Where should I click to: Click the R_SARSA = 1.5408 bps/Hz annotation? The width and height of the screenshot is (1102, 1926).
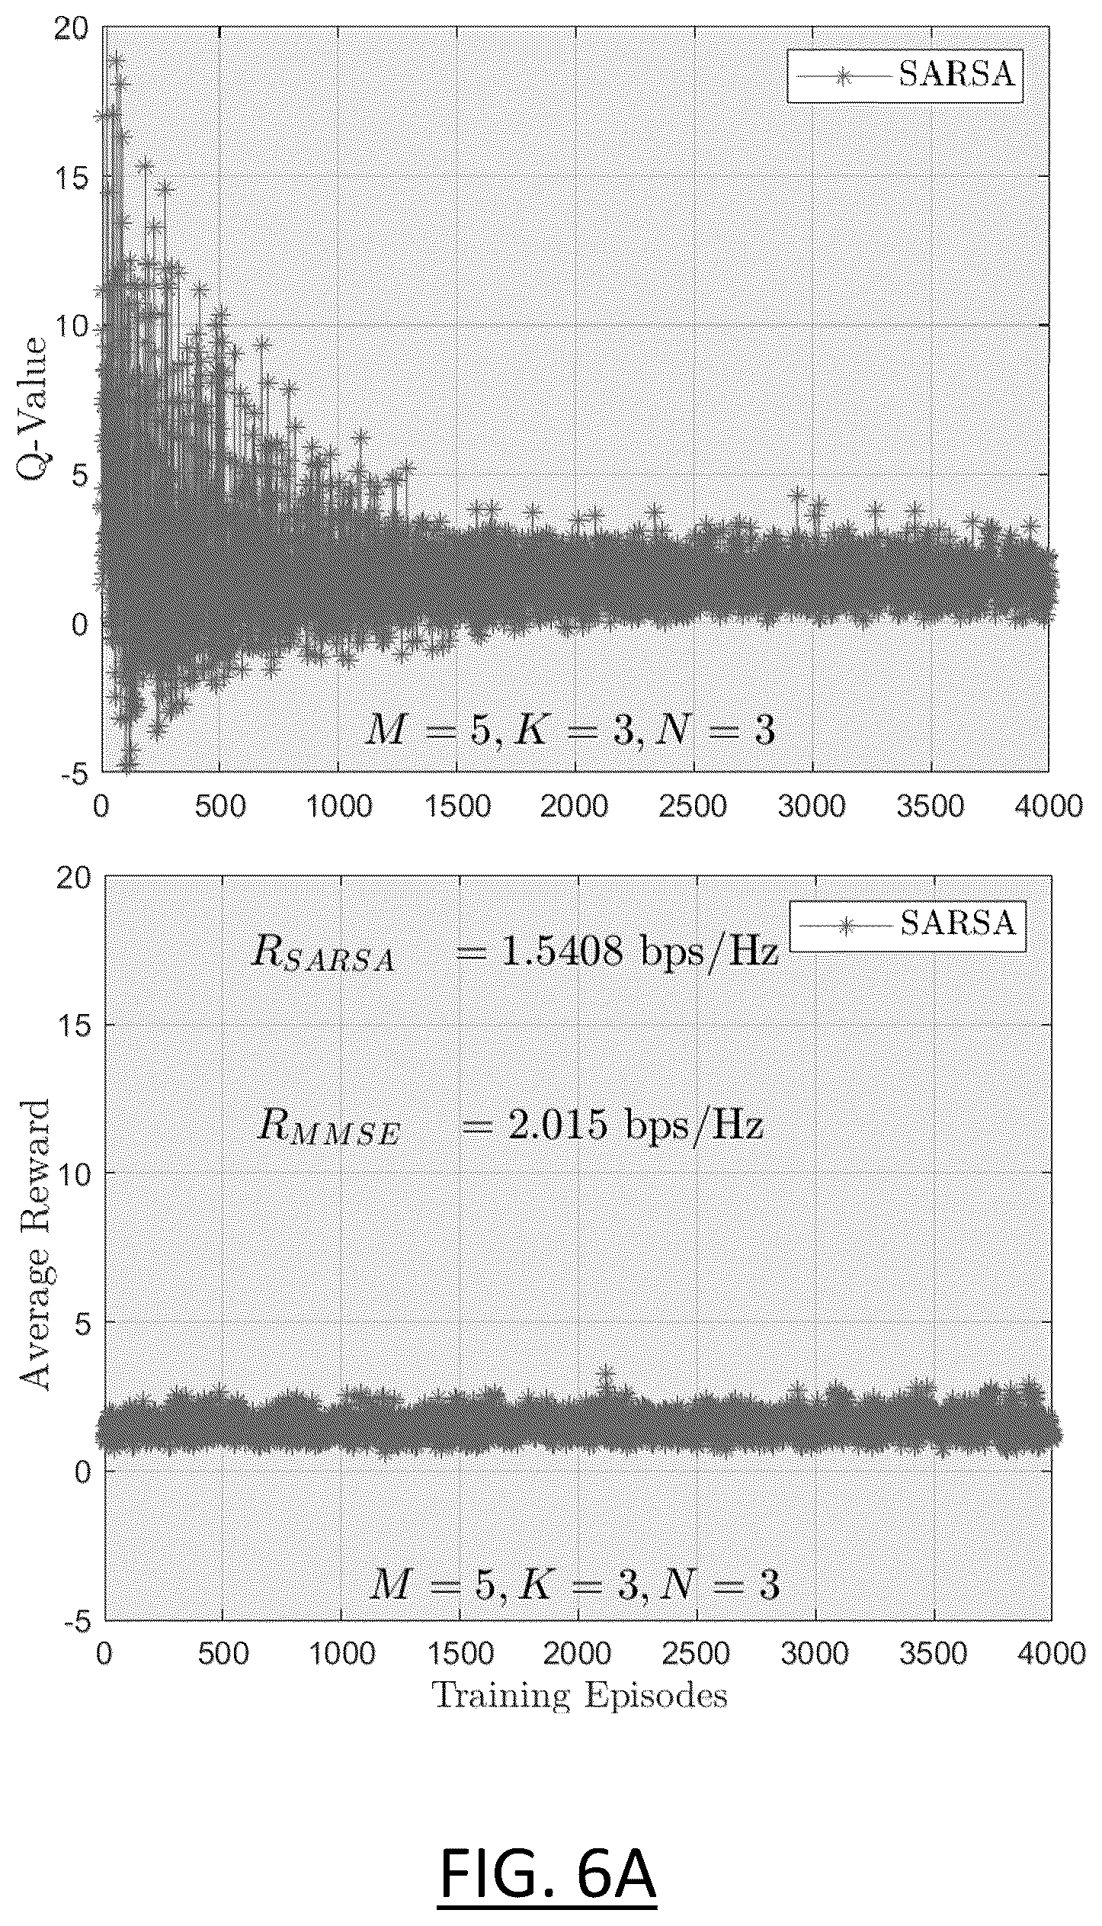514,952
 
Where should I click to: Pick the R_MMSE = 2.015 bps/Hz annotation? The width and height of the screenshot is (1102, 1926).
509,1128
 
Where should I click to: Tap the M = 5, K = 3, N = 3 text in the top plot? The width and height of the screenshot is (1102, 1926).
569,731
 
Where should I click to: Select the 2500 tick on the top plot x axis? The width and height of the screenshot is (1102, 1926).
694,805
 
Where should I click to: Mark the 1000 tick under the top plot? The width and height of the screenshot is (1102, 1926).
338,805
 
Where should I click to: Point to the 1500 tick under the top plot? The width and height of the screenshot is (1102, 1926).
456,805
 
